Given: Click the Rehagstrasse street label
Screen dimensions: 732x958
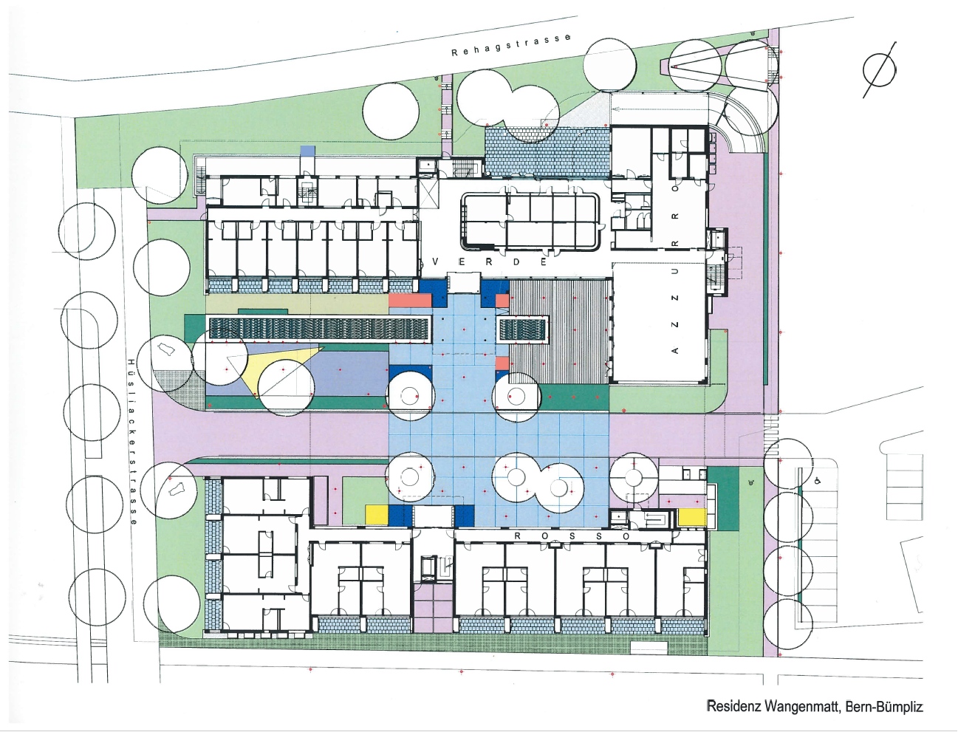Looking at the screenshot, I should coord(510,44).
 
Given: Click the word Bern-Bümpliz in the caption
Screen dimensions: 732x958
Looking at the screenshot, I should coord(883,706).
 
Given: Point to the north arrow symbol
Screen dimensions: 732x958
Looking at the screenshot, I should coord(880,70).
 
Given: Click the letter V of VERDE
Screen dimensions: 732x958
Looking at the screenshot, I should coord(436,261).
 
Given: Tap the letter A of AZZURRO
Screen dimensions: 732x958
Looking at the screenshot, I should coord(674,350).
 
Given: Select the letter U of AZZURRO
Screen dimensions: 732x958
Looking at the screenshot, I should coord(674,271).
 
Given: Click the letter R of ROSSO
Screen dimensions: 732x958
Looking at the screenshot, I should coord(517,536).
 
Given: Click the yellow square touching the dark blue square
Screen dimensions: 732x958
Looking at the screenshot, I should coord(377,515).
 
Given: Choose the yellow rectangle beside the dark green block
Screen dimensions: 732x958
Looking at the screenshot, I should coord(692,517).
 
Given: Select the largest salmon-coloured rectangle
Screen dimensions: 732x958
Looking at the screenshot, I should coord(409,300).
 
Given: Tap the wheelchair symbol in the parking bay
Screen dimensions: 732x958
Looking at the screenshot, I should coord(818,481).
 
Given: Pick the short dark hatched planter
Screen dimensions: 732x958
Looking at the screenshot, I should coord(522,329).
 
